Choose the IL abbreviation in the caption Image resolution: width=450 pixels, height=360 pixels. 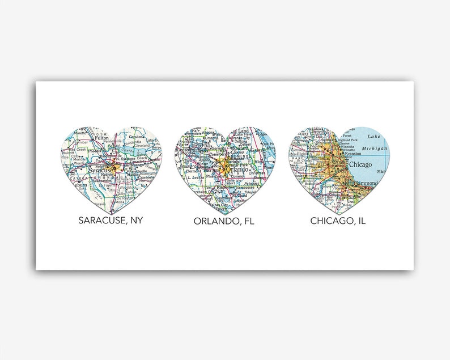pyautogui.click(x=360, y=220)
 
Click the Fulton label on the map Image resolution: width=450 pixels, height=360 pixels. pyautogui.click(x=101, y=138)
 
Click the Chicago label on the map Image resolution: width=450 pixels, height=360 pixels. pyautogui.click(x=361, y=165)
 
